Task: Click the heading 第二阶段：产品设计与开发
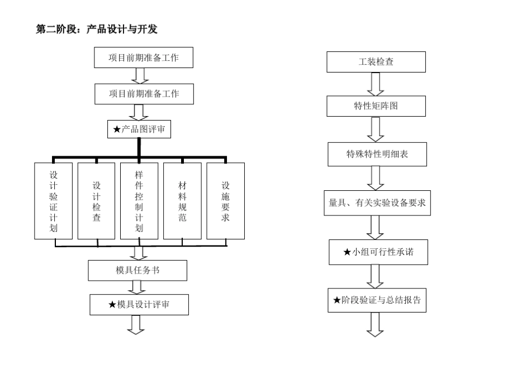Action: [97, 30]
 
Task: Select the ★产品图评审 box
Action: [139, 129]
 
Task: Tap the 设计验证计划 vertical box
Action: [54, 201]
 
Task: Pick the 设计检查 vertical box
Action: [97, 201]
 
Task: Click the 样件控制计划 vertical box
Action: [139, 201]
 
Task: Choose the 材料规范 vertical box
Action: [182, 201]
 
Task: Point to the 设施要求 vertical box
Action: [225, 201]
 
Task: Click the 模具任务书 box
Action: [137, 271]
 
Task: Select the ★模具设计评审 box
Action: [139, 304]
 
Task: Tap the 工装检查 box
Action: [376, 62]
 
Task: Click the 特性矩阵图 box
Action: [376, 106]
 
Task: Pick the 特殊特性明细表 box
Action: [377, 154]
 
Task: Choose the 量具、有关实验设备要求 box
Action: [377, 203]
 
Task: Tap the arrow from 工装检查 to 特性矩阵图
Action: [376, 84]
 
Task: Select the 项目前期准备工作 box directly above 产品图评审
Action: [144, 94]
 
